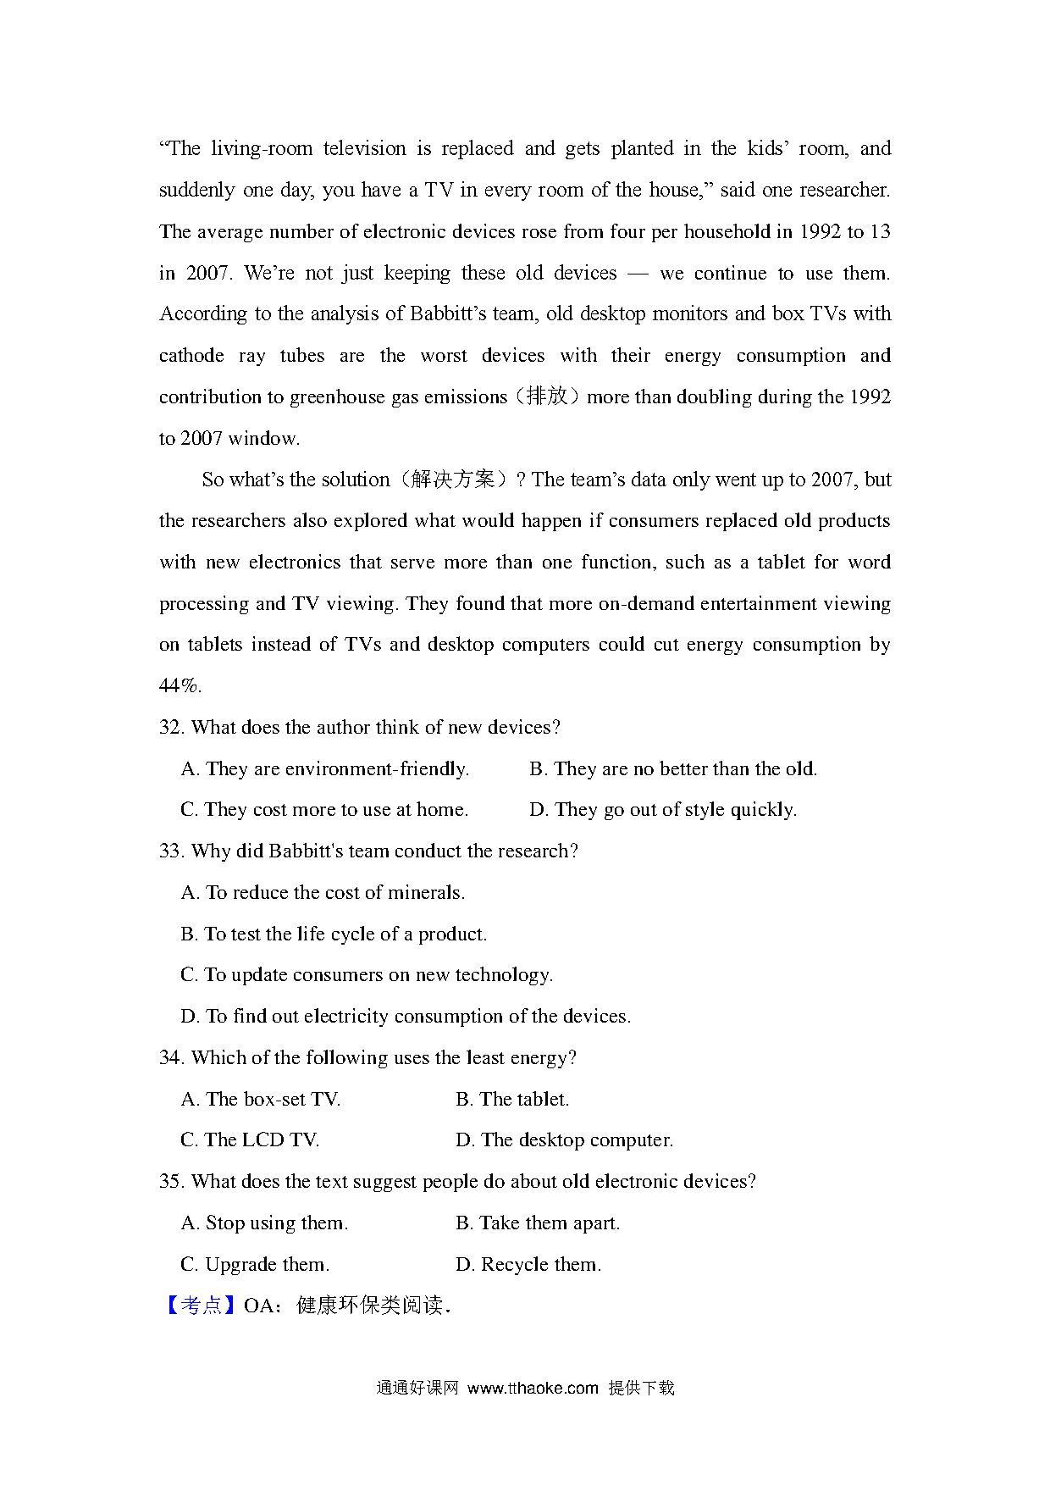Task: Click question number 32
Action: pyautogui.click(x=172, y=728)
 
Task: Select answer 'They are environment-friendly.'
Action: pyautogui.click(x=336, y=769)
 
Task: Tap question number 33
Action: pyautogui.click(x=172, y=851)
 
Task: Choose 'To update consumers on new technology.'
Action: pyautogui.click(x=378, y=975)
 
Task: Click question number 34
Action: pyautogui.click(x=172, y=1058)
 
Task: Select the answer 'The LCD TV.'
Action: pyautogui.click(x=261, y=1140)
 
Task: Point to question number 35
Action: pyautogui.click(x=172, y=1182)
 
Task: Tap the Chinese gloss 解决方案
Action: pyautogui.click(x=453, y=480)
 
